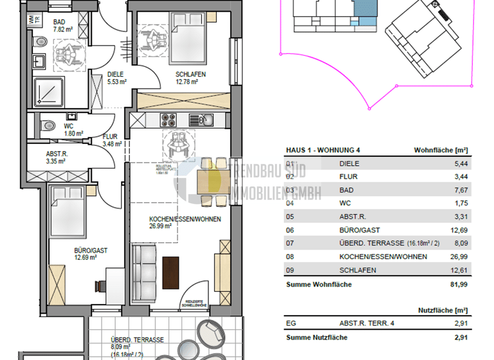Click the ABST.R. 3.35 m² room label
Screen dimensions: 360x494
click(58, 157)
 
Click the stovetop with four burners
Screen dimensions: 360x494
click(169, 120)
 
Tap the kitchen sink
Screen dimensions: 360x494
click(205, 120)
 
